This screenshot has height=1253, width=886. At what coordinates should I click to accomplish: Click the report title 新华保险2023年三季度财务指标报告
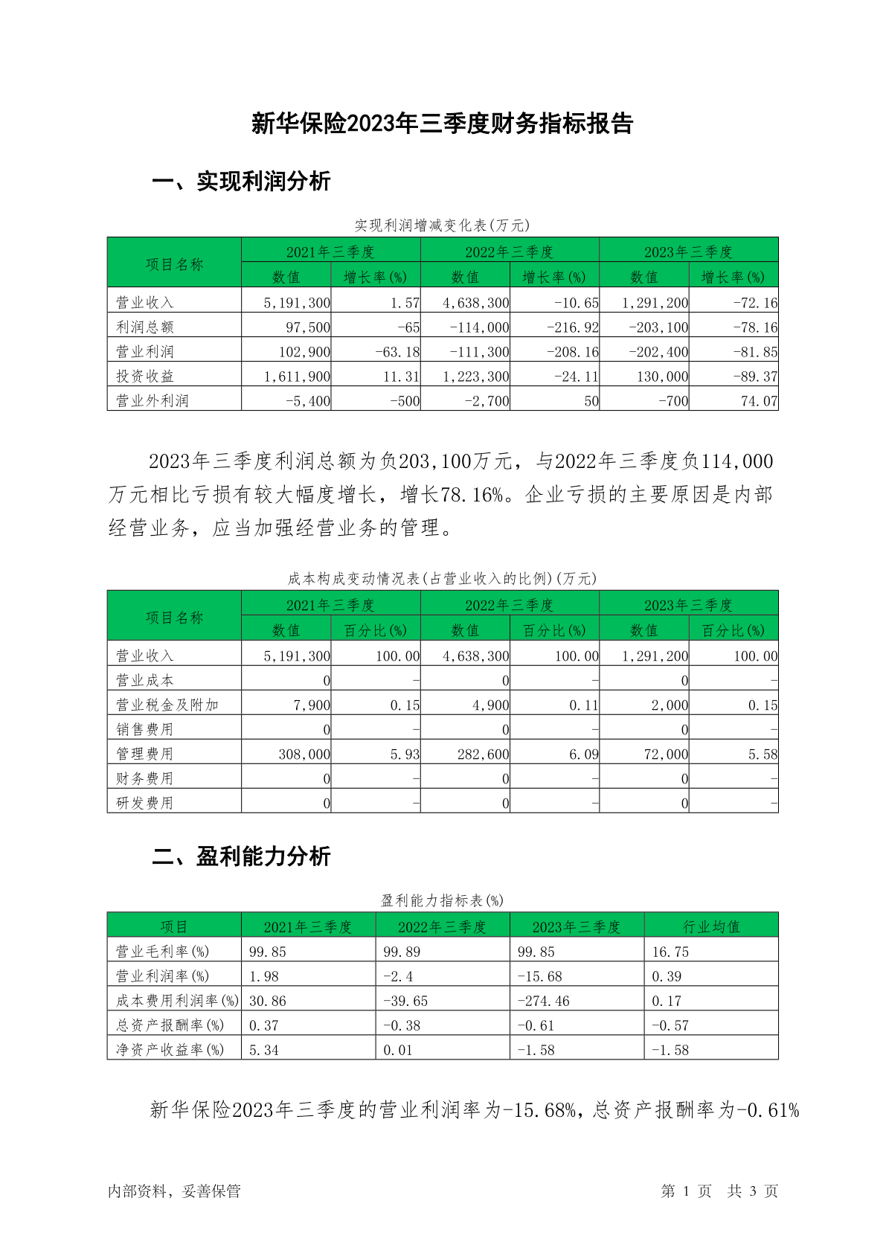[442, 124]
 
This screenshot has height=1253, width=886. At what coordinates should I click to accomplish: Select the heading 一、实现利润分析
[241, 182]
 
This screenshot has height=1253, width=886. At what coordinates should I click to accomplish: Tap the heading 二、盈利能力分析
[241, 856]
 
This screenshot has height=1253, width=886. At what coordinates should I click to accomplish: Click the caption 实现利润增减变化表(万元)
[442, 225]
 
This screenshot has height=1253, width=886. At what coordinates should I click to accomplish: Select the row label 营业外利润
[153, 401]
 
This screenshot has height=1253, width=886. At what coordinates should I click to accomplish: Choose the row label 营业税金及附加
[167, 705]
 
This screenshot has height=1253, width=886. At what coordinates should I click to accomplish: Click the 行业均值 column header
[711, 926]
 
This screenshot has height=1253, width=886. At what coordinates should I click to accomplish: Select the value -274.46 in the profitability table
[544, 1001]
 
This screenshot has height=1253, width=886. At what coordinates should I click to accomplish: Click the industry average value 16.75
[670, 952]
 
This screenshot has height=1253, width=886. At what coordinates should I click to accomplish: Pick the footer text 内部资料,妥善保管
[174, 1191]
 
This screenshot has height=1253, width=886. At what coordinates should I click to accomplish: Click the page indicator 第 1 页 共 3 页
[719, 1191]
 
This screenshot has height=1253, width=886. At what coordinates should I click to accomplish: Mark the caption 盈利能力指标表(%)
[442, 900]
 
